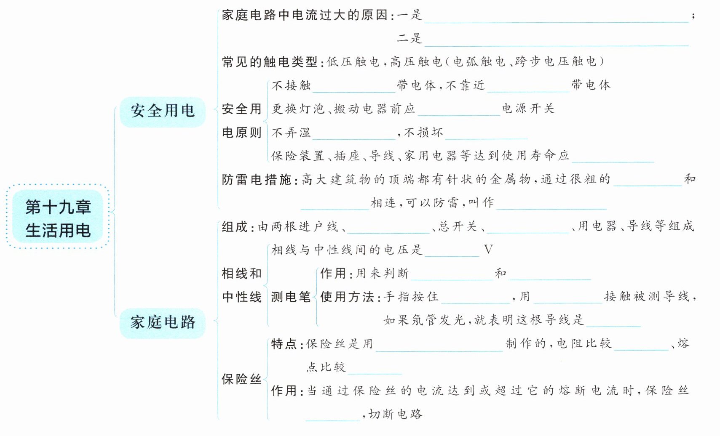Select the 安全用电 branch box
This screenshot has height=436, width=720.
(x=163, y=111)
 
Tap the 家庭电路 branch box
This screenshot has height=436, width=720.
(x=163, y=322)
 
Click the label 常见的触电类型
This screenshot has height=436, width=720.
(x=270, y=62)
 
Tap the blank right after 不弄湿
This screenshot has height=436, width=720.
(x=354, y=135)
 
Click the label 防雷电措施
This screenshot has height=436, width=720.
(x=257, y=180)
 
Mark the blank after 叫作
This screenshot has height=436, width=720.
(x=551, y=205)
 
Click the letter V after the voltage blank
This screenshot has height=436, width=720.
(x=488, y=250)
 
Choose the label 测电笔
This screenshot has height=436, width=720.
(x=291, y=297)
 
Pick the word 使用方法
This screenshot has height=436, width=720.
(x=347, y=297)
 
